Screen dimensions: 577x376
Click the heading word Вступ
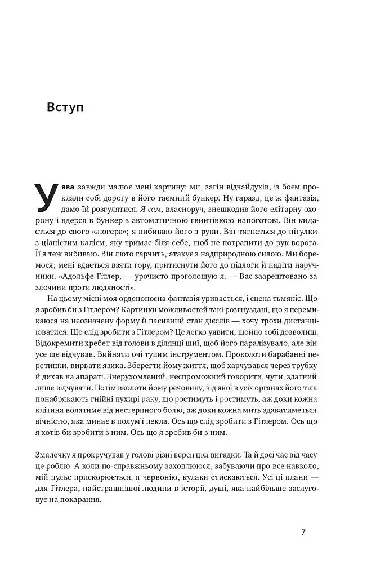coord(65,108)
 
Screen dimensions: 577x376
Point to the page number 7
coord(303,531)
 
